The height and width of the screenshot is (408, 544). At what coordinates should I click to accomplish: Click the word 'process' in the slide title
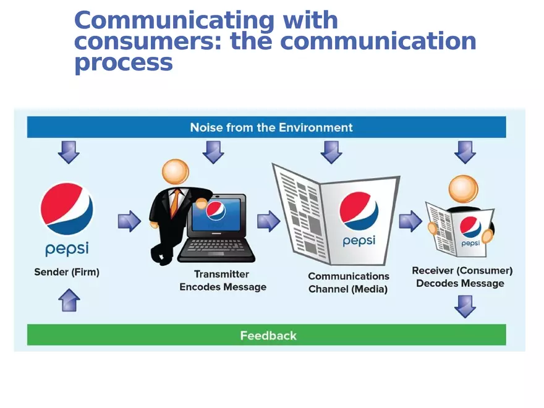coord(123,62)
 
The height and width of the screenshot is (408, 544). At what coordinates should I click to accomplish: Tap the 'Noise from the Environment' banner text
coord(271,127)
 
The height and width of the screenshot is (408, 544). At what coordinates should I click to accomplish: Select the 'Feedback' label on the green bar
coord(268,336)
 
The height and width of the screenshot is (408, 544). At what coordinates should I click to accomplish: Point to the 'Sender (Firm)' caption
coord(67,272)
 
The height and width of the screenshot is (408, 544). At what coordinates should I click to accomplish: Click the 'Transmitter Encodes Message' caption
coord(223,281)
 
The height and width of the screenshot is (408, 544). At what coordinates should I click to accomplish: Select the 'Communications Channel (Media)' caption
coord(349,283)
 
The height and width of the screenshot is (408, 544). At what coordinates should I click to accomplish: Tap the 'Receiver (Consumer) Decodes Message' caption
coord(462,277)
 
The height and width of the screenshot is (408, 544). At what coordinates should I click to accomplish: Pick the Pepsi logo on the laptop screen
coord(216,211)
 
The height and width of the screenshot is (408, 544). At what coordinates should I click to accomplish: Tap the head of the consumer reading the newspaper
coord(463,189)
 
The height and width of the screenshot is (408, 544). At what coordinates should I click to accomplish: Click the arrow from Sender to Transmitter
coord(129,221)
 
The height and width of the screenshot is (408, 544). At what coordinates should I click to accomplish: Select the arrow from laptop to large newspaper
coord(268,221)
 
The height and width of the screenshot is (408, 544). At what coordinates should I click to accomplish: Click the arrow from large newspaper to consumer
coord(410,221)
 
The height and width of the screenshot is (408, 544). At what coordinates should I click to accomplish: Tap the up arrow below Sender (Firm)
coord(69,302)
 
